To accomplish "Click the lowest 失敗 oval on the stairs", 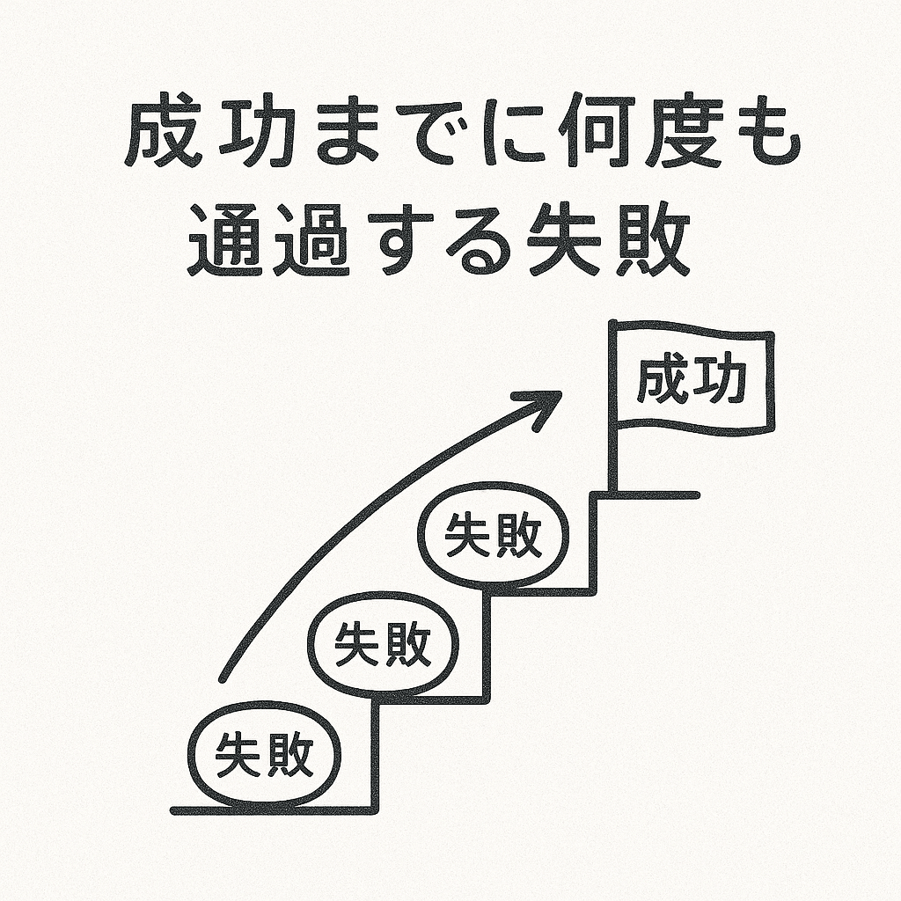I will (x=265, y=755).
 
